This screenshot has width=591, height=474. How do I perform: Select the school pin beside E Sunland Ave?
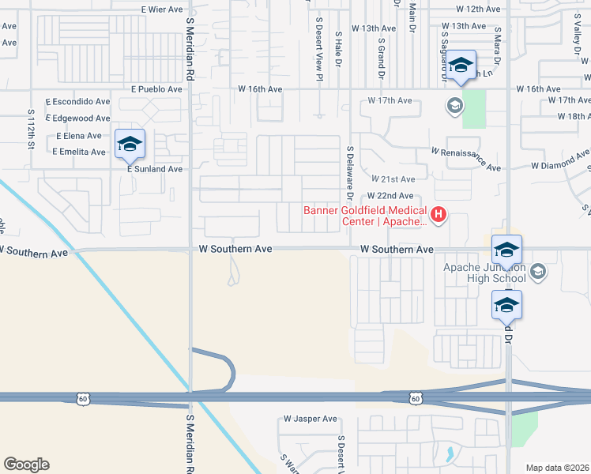pyautogui.click(x=130, y=144)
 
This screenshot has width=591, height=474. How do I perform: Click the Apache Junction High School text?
pyautogui.click(x=484, y=273)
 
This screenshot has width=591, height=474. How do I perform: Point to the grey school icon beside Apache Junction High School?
pyautogui.click(x=538, y=272)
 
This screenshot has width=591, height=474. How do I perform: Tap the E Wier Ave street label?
pyautogui.click(x=163, y=9)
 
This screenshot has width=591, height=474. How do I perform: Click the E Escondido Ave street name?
pyautogui.click(x=77, y=103)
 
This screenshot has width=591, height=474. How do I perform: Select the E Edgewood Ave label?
pyautogui.click(x=77, y=118)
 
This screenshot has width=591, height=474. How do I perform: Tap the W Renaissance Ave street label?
pyautogui.click(x=466, y=158)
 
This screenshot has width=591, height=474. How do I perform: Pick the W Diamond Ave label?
pyautogui.click(x=560, y=165)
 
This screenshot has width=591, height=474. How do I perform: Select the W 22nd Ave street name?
pyautogui.click(x=390, y=196)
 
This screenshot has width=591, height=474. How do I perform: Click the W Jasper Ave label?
pyautogui.click(x=311, y=419)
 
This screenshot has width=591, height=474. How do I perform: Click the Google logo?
pyautogui.click(x=26, y=465)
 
